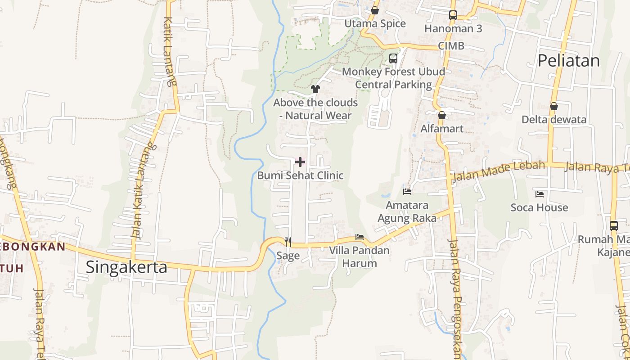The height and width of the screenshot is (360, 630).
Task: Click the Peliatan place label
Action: click(569, 61)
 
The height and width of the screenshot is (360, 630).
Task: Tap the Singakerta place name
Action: click(126, 267)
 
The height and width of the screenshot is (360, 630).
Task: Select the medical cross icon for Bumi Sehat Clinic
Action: click(300, 162)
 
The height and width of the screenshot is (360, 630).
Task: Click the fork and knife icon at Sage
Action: click(288, 242)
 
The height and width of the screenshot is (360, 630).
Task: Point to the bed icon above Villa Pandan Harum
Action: click(359, 237)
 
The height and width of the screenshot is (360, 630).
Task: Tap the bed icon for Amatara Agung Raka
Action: click(407, 192)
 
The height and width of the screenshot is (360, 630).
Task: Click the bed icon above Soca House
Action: click(540, 194)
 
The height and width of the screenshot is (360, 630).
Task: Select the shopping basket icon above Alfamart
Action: click(442, 116)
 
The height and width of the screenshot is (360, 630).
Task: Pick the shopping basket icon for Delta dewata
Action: click(554, 107)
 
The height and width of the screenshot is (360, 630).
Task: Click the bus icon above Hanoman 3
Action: click(453, 15)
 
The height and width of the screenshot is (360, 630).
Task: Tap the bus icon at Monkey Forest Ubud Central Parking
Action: click(393, 58)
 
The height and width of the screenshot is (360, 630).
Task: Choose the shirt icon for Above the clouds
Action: click(315, 89)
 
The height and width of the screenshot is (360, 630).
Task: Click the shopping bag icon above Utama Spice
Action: click(375, 10)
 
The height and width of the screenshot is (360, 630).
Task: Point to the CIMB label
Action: click(451, 46)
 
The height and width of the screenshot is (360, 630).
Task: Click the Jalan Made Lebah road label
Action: click(499, 171)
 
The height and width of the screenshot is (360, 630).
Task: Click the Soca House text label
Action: click(539, 207)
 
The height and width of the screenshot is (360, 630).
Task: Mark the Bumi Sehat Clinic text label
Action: click(300, 175)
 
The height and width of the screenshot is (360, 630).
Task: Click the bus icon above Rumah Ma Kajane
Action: click(614, 226)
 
